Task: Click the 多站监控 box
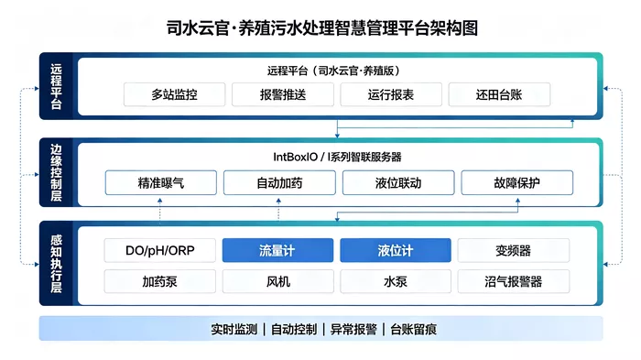175,94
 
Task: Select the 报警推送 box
283,94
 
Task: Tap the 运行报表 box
391,94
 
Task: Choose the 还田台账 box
499,94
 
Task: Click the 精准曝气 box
160,182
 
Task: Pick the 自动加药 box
279,182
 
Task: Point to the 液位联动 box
398,182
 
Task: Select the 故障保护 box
517,182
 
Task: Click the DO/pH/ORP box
160,250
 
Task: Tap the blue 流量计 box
278,250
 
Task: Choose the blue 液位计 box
396,250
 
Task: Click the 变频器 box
514,250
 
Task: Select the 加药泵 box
160,281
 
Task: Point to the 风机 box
278,281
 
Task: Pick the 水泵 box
396,281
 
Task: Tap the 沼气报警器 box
514,281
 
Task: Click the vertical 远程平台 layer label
56,86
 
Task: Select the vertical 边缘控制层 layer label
56,172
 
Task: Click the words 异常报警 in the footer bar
353,329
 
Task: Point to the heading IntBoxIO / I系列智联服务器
337,157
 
